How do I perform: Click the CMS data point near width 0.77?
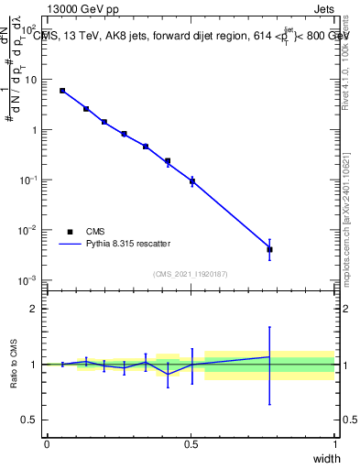tap(269, 249)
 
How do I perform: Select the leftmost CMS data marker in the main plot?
tap(62, 91)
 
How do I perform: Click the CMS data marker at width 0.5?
tap(192, 181)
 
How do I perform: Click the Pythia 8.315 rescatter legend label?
tap(127, 244)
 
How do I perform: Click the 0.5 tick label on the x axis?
tap(191, 444)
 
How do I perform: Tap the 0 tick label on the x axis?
tap(47, 444)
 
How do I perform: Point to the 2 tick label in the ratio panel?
tap(34, 309)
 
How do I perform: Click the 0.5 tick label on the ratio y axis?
tap(30, 420)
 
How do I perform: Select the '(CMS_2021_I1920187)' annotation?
tap(191, 274)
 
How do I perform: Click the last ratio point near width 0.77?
tap(269, 356)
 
